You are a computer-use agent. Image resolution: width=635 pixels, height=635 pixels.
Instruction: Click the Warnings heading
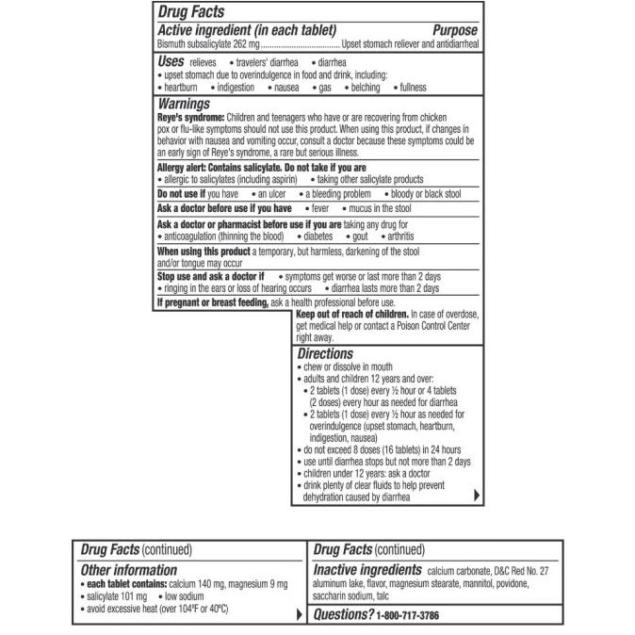point(184,104)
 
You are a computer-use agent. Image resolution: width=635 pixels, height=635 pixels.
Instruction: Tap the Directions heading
point(325,354)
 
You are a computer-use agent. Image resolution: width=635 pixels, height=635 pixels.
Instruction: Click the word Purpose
point(456,30)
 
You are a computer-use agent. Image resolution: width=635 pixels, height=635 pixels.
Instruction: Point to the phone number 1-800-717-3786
point(408,615)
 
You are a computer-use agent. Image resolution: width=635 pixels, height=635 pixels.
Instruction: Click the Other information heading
point(128,570)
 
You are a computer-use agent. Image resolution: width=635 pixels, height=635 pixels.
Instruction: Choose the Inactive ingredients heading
point(366,570)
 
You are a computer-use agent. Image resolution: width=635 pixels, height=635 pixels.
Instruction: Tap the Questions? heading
point(343,615)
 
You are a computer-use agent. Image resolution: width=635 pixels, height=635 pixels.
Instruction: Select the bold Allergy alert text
point(184,168)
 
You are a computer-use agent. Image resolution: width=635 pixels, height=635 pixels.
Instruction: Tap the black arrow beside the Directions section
point(477,495)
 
